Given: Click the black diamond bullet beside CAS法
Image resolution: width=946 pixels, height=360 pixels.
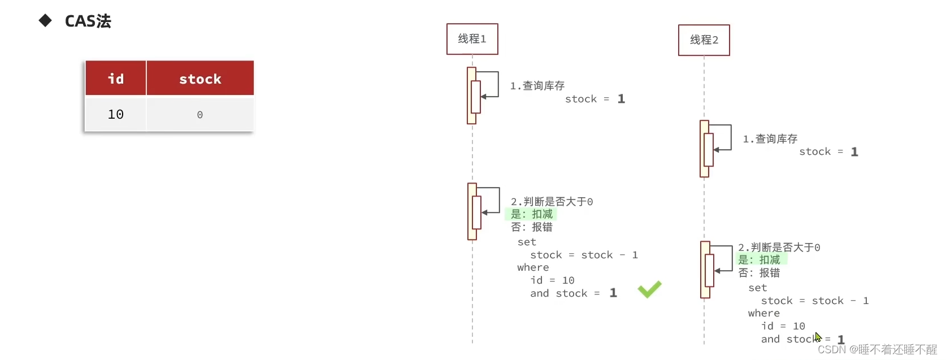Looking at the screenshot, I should tap(45, 21).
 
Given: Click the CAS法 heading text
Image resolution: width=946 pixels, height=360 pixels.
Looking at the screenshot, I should tap(88, 21).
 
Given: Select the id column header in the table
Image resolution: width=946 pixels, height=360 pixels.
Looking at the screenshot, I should tap(116, 79).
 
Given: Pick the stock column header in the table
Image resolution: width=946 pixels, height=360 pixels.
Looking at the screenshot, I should tap(200, 79).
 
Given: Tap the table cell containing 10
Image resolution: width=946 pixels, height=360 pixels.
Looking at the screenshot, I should tap(116, 115).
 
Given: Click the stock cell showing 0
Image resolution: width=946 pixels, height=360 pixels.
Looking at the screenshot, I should tap(199, 115).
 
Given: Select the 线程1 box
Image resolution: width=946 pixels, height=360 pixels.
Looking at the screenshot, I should tap(472, 39).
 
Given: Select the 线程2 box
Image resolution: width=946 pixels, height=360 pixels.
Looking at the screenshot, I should tap(704, 40).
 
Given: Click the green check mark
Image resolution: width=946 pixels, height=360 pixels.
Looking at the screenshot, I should tap(649, 289).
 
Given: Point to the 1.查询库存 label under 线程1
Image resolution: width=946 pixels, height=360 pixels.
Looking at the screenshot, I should tap(537, 86).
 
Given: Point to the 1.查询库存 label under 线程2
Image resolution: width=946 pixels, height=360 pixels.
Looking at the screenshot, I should tap(770, 139).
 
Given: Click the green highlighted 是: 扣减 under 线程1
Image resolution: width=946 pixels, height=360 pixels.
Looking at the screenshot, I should tap(532, 214).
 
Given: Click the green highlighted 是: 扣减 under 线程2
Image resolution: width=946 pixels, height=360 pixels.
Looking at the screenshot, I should tap(759, 260).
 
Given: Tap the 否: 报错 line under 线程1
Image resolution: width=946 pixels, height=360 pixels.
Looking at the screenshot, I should tap(532, 227).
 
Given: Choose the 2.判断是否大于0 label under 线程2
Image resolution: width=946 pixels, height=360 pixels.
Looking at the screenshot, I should tap(779, 248).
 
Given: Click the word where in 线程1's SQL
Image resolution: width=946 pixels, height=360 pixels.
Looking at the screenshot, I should tap(533, 268).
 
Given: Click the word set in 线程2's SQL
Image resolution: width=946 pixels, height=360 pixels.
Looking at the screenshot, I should tap(757, 288).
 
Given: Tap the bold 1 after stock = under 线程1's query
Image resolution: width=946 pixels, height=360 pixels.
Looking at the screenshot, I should tap(621, 99).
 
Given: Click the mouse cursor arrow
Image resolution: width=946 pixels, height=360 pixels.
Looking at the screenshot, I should tap(818, 337).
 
